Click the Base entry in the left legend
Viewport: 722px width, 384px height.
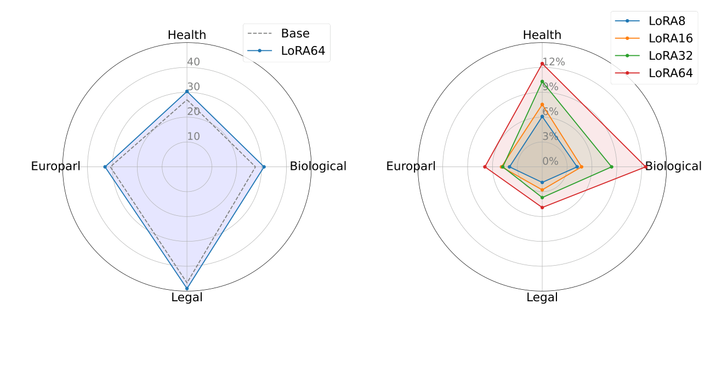pyautogui.click(x=295, y=33)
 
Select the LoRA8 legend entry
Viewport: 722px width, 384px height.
pyautogui.click(x=666, y=21)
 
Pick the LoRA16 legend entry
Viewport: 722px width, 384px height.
pyautogui.click(x=670, y=38)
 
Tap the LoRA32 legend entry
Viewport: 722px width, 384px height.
pyautogui.click(x=670, y=55)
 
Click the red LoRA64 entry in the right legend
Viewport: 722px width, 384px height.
pyautogui.click(x=670, y=73)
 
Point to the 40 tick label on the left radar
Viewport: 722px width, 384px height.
pyautogui.click(x=194, y=62)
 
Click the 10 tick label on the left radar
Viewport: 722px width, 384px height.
pyautogui.click(x=194, y=136)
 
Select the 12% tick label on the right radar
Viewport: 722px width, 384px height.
pyautogui.click(x=553, y=62)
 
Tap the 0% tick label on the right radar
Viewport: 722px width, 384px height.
pyautogui.click(x=550, y=161)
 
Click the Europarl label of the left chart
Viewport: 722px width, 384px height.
pyautogui.click(x=55, y=167)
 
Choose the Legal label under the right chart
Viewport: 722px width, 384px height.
pyautogui.click(x=542, y=297)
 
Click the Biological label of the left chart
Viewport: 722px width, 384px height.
pyautogui.click(x=318, y=167)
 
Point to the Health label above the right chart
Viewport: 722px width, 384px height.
pyautogui.click(x=542, y=36)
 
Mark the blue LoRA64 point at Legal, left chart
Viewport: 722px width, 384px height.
pyautogui.click(x=187, y=288)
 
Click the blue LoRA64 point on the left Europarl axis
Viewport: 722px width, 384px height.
pyautogui.click(x=105, y=167)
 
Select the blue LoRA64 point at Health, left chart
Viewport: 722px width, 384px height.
pyautogui.click(x=187, y=91)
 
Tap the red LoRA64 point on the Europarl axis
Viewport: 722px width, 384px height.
pyautogui.click(x=485, y=167)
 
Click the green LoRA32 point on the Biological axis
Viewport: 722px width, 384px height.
pyautogui.click(x=611, y=167)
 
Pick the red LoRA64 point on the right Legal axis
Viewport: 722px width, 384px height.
pyautogui.click(x=542, y=207)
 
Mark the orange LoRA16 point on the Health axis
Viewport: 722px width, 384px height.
pyautogui.click(x=542, y=104)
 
